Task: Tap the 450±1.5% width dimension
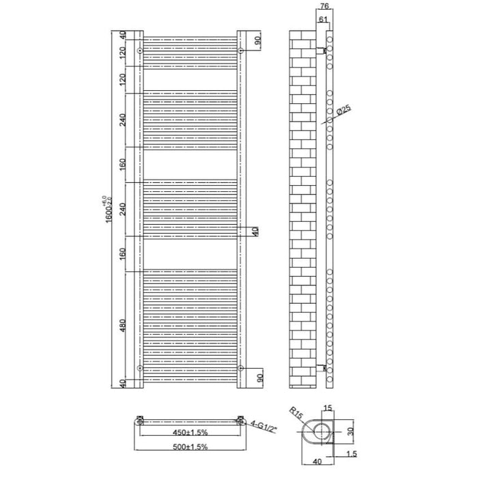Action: click(x=189, y=433)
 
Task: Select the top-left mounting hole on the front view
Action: click(x=139, y=51)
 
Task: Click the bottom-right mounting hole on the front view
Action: click(x=241, y=367)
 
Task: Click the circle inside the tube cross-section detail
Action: click(x=320, y=431)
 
